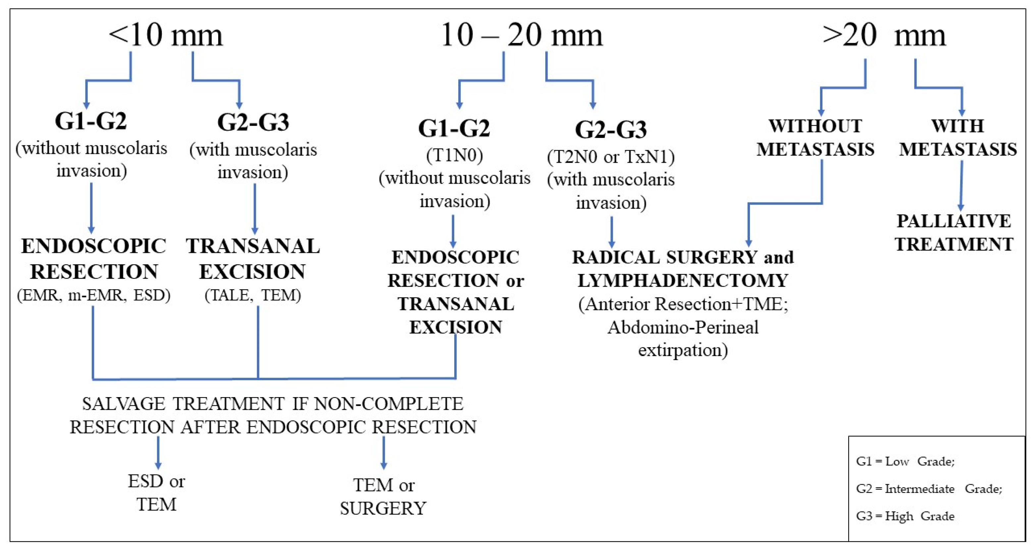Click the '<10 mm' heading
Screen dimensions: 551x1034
tap(165, 36)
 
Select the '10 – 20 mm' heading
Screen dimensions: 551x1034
tap(521, 36)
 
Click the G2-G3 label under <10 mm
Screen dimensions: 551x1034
tap(253, 122)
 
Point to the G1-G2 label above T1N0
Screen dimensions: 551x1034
tap(454, 129)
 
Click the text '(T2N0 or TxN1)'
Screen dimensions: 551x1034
tap(611, 157)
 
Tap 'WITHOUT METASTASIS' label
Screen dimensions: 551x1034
tap(815, 138)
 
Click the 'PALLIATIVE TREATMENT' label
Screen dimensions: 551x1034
tap(954, 233)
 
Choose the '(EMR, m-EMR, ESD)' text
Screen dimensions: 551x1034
tap(93, 296)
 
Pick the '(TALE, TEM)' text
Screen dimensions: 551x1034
tap(253, 296)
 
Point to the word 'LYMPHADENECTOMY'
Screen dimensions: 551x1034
tap(682, 281)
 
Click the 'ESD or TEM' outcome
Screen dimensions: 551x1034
tap(157, 493)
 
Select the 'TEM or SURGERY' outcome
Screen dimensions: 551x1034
tap(383, 497)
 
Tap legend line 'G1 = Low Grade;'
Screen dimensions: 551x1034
tap(905, 462)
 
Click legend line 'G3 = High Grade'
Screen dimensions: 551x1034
tap(905, 516)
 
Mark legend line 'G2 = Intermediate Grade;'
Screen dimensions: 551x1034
tap(929, 489)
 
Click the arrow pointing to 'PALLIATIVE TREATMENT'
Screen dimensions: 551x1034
tap(961, 187)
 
